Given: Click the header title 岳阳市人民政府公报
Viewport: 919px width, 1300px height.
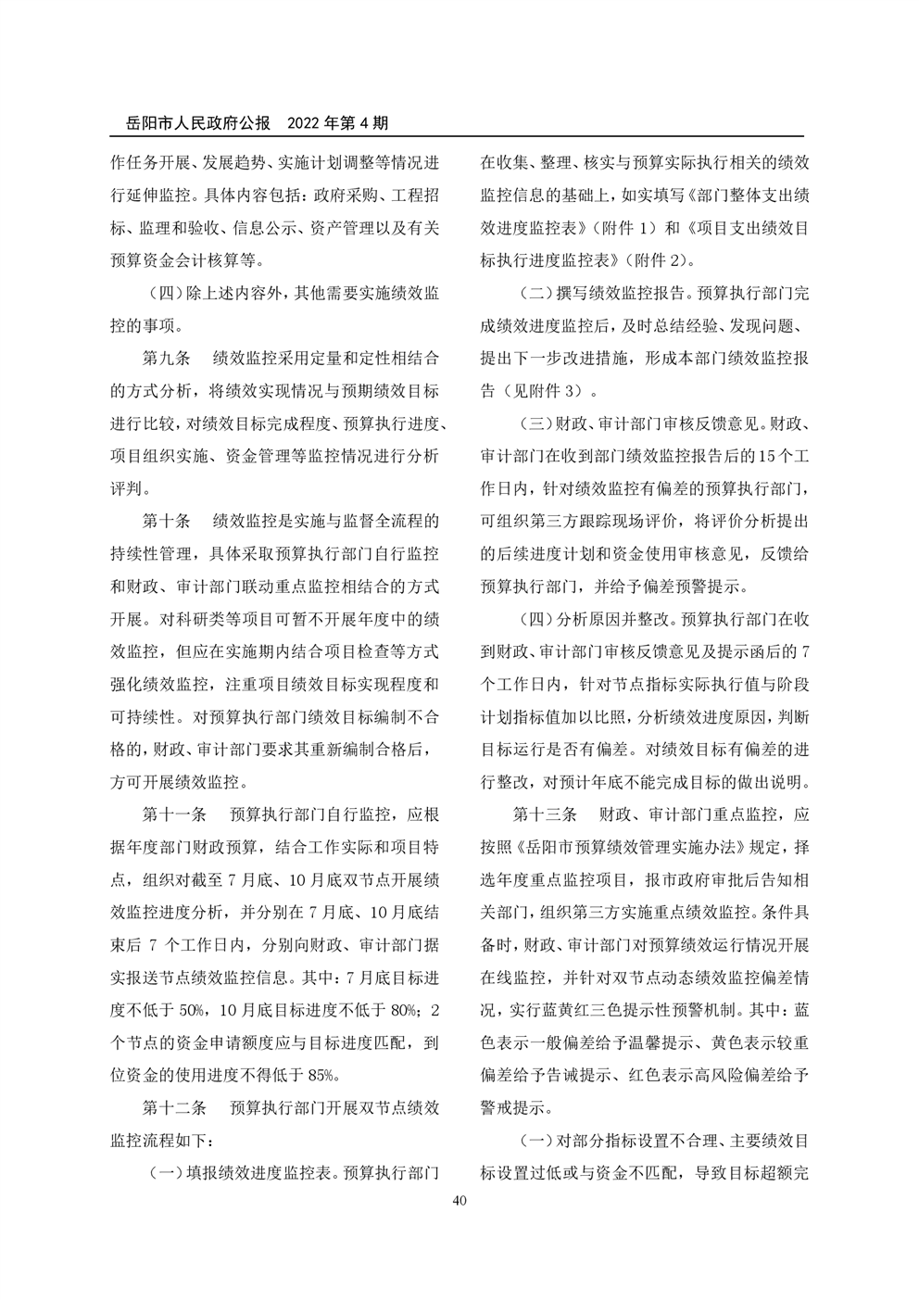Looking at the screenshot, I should [198, 121].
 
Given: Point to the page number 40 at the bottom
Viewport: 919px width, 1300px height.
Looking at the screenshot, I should [459, 1201].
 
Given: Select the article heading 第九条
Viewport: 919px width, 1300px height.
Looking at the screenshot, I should [165, 358].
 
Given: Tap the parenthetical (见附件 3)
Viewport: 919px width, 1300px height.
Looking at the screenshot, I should [543, 390].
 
